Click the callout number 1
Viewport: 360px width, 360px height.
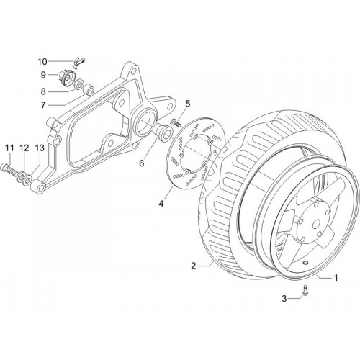[336, 278]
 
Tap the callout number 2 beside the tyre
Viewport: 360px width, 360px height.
[194, 266]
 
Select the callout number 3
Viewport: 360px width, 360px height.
[284, 299]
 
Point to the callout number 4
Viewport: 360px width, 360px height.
[161, 204]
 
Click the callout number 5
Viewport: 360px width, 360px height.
[187, 104]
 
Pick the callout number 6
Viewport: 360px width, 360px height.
[142, 163]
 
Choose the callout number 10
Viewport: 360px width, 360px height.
[43, 62]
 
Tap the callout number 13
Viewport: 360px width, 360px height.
[40, 148]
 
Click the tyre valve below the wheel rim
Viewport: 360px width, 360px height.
[305, 290]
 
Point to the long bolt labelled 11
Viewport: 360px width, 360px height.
[9, 170]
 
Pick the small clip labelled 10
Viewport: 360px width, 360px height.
[78, 63]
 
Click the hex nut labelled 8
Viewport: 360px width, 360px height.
[78, 84]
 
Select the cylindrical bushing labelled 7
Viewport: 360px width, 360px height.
[89, 89]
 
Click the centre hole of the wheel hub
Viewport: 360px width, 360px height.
[316, 224]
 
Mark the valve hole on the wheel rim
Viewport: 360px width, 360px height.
[305, 263]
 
